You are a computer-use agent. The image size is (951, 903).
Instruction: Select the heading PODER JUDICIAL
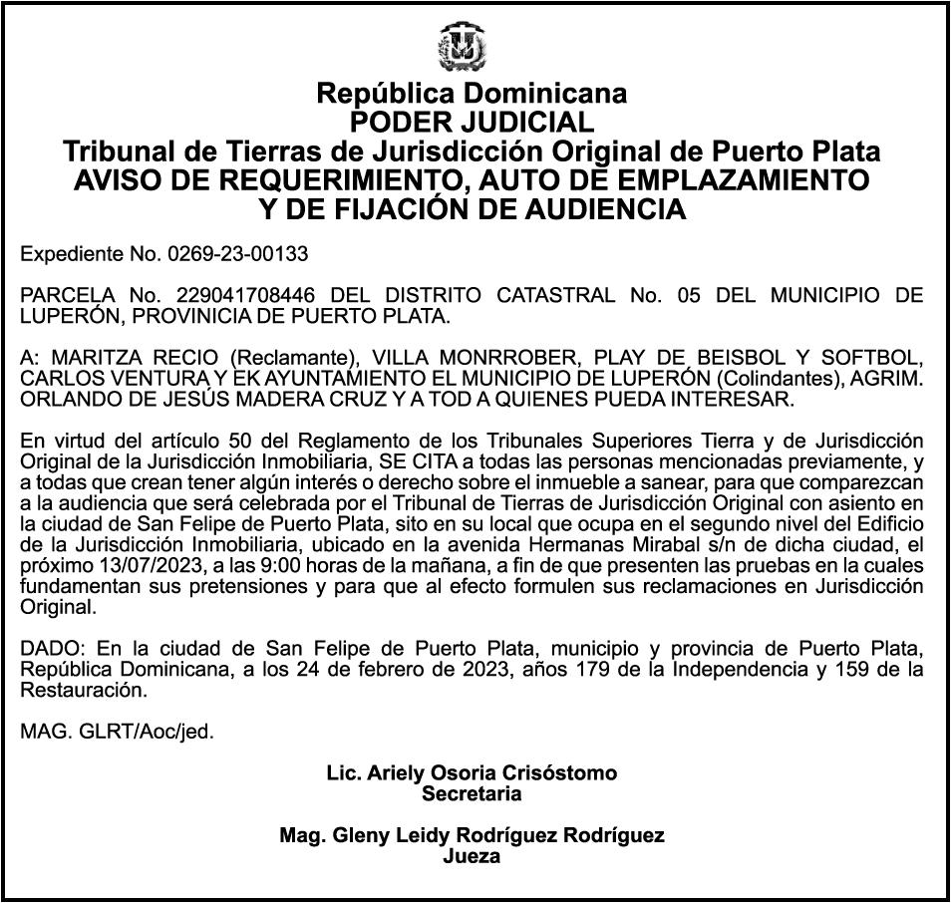pyautogui.click(x=472, y=123)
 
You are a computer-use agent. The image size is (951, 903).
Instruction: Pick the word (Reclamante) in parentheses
pyautogui.click(x=294, y=358)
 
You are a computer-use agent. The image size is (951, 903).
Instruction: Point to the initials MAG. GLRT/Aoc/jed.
pyautogui.click(x=118, y=732)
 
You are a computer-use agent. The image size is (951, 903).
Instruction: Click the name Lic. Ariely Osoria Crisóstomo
pyautogui.click(x=472, y=773)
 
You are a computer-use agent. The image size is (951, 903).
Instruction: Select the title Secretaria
pyautogui.click(x=472, y=794)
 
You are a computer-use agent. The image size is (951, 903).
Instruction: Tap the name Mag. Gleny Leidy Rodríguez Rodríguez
pyautogui.click(x=472, y=836)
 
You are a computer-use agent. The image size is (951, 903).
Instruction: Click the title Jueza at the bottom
pyautogui.click(x=472, y=857)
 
